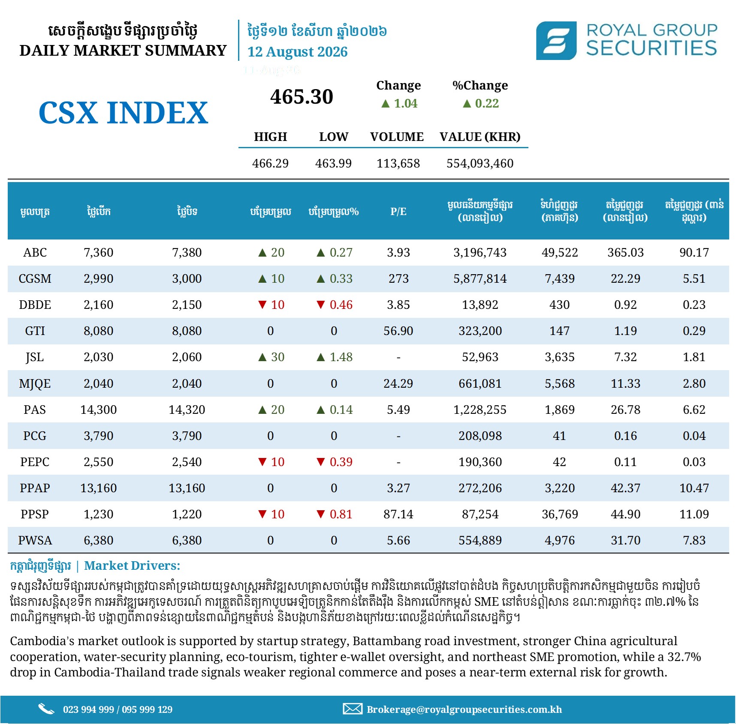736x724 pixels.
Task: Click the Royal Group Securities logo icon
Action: pyautogui.click(x=556, y=41)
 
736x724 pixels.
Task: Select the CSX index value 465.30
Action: pyautogui.click(x=302, y=96)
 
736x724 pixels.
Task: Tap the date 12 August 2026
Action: pyautogui.click(x=297, y=52)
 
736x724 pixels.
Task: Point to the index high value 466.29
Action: pyautogui.click(x=270, y=163)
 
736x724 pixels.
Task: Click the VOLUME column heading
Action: pyautogui.click(x=397, y=137)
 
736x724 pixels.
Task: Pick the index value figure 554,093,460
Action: pyautogui.click(x=480, y=163)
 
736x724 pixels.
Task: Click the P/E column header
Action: pyautogui.click(x=398, y=211)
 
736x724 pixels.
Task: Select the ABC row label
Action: pyautogui.click(x=35, y=252)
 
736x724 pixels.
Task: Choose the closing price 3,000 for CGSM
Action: pyautogui.click(x=187, y=278)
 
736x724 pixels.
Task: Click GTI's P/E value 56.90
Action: pyautogui.click(x=398, y=331)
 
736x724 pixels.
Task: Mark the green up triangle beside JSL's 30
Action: pyautogui.click(x=262, y=357)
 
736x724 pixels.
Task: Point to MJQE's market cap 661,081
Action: pyautogui.click(x=480, y=383)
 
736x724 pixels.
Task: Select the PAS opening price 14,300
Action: pyautogui.click(x=99, y=410)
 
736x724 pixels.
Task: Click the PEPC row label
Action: pyautogui.click(x=35, y=462)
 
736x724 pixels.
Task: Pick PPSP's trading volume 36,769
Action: pyautogui.click(x=560, y=514)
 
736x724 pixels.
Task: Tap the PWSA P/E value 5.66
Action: pyautogui.click(x=398, y=540)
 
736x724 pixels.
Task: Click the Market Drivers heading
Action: pyautogui.click(x=132, y=565)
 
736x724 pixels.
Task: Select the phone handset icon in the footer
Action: pyautogui.click(x=46, y=709)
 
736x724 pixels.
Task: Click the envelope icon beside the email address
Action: pyautogui.click(x=353, y=709)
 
